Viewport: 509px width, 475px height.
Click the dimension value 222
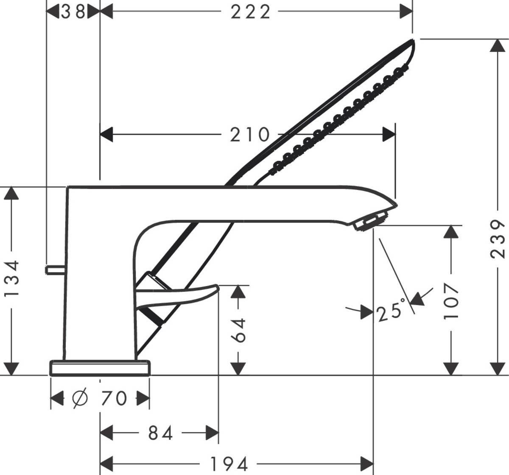(x=250, y=12)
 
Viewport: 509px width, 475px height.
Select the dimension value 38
(x=73, y=12)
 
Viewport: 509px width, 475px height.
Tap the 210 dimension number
(x=250, y=135)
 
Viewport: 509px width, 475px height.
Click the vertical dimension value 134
(x=12, y=279)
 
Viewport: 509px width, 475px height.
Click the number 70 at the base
(x=113, y=398)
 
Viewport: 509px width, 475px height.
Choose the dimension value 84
(x=161, y=433)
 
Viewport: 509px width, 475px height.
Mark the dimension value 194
(x=229, y=464)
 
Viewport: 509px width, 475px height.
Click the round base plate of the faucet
(x=100, y=368)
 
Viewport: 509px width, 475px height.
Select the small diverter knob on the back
(x=55, y=270)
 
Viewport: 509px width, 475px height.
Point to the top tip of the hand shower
(x=412, y=40)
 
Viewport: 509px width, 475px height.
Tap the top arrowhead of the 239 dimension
(x=497, y=45)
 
